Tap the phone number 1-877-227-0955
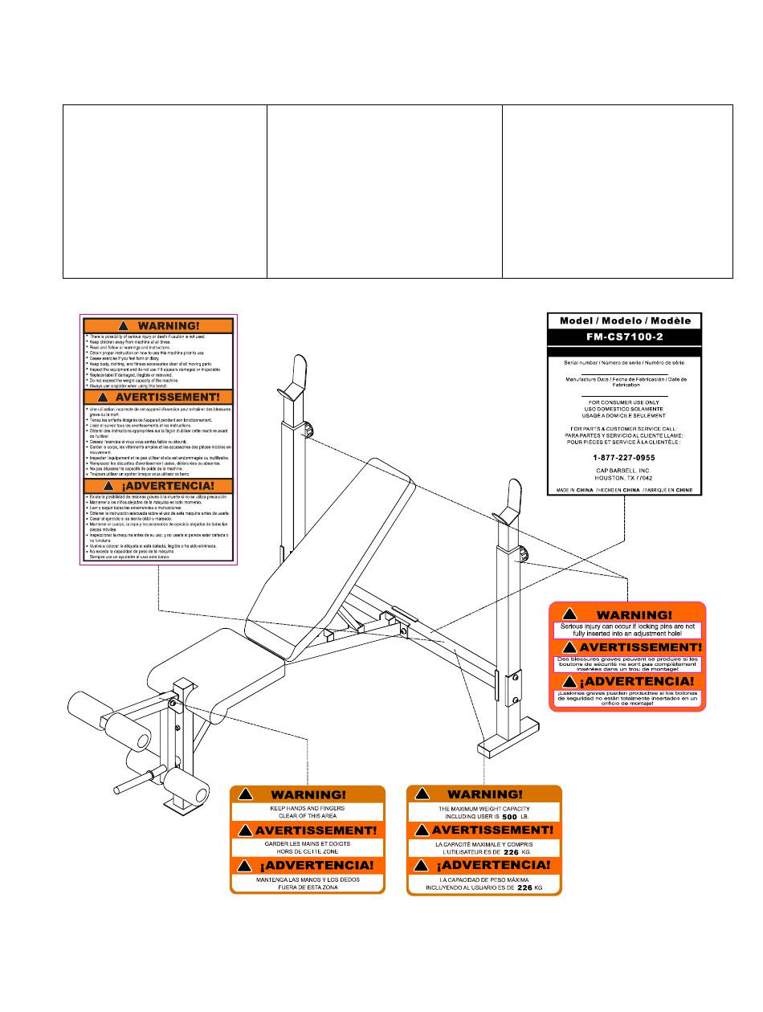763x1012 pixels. pyautogui.click(x=624, y=456)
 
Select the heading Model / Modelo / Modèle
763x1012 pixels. pyautogui.click(x=624, y=320)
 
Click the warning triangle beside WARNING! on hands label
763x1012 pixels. pyautogui.click(x=247, y=794)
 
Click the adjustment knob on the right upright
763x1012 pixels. pyautogui.click(x=524, y=553)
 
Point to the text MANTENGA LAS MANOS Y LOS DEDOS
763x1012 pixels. pyautogui.click(x=307, y=879)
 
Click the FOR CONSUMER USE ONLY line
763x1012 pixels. pyautogui.click(x=624, y=402)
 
